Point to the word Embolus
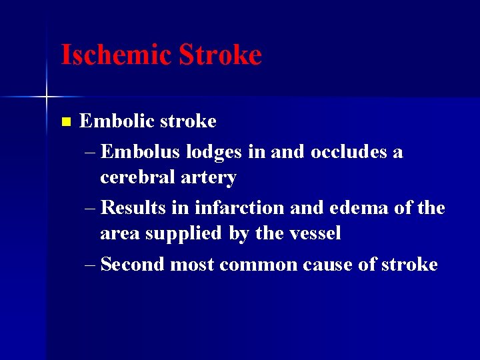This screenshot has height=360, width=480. (x=141, y=152)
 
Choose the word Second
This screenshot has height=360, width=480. (x=133, y=265)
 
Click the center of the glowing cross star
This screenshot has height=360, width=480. (x=47, y=97)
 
